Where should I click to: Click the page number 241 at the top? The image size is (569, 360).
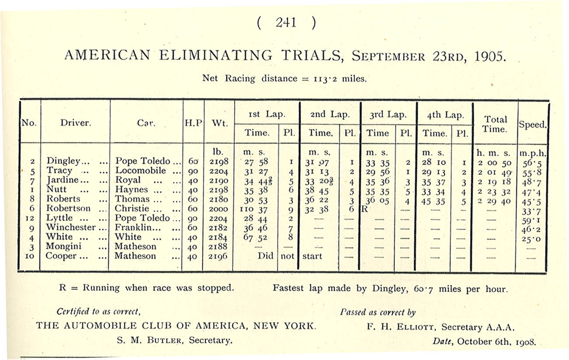tap(286, 23)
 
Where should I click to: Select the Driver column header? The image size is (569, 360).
tap(76, 122)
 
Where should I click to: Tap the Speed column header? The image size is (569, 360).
tap(533, 124)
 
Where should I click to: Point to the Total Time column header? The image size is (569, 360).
tap(496, 124)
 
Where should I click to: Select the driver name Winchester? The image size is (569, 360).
tap(70, 227)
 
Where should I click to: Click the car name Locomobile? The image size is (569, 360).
tap(140, 171)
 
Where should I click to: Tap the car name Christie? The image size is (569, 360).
tap(132, 209)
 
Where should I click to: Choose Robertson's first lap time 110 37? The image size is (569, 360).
tap(255, 209)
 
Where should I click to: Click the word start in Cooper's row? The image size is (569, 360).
tap(312, 256)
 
